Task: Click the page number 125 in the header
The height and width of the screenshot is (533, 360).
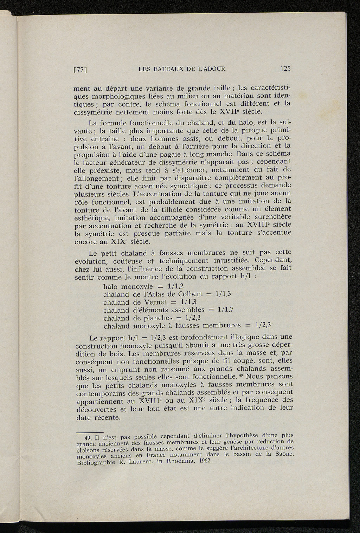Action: pos(285,69)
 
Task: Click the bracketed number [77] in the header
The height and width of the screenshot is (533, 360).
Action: pos(80,70)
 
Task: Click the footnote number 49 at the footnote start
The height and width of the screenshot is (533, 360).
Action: pos(90,438)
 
